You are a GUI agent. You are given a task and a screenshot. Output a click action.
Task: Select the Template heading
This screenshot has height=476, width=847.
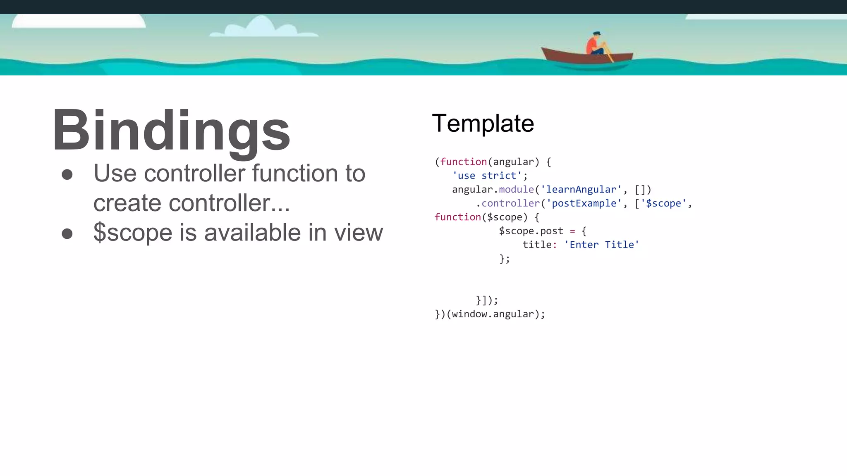pos(483,123)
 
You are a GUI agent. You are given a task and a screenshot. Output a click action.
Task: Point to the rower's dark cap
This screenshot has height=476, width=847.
pos(596,33)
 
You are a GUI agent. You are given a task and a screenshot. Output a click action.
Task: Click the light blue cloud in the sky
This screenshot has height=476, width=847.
pos(262,27)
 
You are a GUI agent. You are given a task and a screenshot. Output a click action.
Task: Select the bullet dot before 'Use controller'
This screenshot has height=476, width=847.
pos(67,174)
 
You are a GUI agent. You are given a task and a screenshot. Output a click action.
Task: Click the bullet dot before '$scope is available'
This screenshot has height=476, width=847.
pos(67,233)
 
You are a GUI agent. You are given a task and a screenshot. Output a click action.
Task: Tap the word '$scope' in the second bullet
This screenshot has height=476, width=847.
pos(132,233)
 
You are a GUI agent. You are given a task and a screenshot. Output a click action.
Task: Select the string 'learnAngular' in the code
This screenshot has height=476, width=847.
pos(581,190)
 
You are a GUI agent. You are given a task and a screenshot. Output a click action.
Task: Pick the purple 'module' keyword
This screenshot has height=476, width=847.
pos(516,190)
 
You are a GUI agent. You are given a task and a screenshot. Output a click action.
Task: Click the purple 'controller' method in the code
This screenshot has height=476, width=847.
pos(510,203)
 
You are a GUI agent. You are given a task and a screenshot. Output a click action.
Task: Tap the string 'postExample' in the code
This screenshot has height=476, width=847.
pos(584,203)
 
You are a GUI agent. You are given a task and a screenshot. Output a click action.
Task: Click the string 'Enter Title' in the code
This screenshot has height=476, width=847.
pos(601,245)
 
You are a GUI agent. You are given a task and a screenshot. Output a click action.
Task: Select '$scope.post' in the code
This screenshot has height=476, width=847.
pos(531,231)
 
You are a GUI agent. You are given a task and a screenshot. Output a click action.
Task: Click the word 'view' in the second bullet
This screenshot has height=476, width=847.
pos(359,233)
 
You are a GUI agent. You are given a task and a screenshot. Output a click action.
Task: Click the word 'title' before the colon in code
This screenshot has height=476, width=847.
pos(537,245)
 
